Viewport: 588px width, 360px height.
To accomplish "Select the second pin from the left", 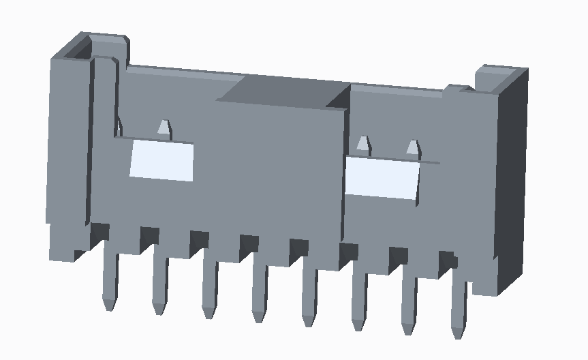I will tap(159, 283).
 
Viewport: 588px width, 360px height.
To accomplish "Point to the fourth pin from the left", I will tap(259, 293).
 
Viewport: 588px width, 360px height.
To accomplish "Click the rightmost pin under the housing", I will tap(458, 307).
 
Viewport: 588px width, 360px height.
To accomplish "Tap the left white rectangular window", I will tap(161, 161).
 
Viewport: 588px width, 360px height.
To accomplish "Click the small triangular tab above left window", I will tap(164, 127).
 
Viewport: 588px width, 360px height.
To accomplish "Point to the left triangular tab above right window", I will tap(363, 144).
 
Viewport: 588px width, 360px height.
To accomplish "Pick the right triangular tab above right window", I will tap(413, 147).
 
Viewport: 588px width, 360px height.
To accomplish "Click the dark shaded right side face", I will tap(512, 177).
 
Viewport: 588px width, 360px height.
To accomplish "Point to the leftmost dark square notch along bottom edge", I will tap(99, 232).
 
